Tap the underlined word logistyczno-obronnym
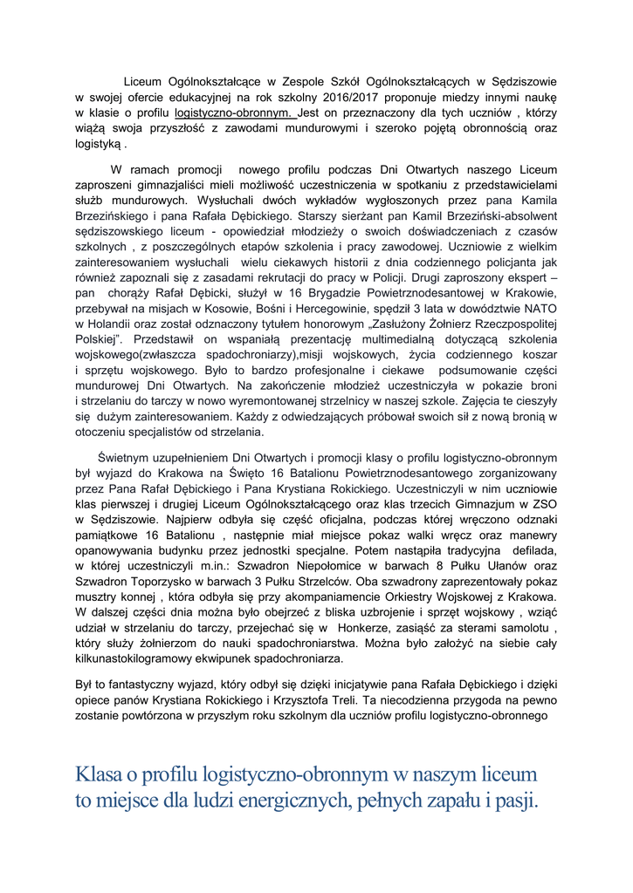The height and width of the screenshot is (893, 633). point(237,112)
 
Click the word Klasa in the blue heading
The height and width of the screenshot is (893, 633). point(99,774)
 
